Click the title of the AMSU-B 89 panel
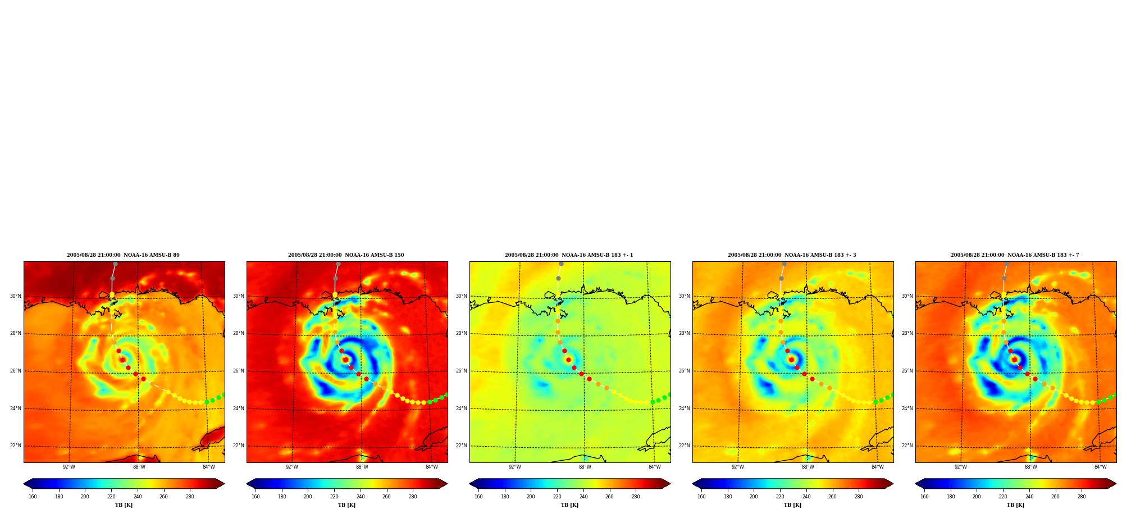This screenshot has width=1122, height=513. [123, 255]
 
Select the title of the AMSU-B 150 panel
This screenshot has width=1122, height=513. [346, 255]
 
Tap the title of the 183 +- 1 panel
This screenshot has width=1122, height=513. [569, 255]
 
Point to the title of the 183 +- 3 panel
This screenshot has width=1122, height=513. [792, 255]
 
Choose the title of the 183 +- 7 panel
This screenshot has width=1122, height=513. [1015, 255]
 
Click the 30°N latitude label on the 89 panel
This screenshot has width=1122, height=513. [15, 296]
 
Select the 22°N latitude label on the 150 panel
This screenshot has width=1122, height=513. [238, 446]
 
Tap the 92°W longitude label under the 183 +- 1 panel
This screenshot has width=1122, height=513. [515, 467]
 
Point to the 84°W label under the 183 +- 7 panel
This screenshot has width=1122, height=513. [1101, 467]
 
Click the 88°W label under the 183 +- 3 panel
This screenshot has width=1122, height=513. [808, 467]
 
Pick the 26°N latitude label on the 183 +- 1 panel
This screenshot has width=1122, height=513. [461, 371]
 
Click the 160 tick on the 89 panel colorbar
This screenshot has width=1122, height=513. [33, 497]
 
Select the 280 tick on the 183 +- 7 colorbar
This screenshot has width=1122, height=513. [1082, 497]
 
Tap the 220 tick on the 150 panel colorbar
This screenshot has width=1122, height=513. [334, 497]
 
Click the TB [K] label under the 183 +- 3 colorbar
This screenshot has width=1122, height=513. [792, 505]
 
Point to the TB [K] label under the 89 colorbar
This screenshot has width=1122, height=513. [124, 505]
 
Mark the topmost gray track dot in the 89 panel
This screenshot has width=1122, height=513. [115, 264]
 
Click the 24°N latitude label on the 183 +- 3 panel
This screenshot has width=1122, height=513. [684, 408]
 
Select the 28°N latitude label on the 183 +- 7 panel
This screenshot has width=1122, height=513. [907, 333]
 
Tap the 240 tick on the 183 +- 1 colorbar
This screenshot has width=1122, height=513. [583, 497]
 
